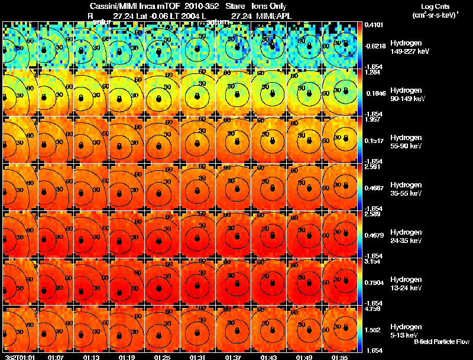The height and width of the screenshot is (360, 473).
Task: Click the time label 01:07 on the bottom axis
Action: coord(56,356)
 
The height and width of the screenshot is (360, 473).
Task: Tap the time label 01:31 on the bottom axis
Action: coord(197,356)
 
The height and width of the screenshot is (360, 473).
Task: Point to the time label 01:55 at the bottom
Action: coord(339,356)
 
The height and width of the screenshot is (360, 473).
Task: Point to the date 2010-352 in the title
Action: coord(202,6)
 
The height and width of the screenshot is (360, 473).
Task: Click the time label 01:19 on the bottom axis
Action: coord(127,356)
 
